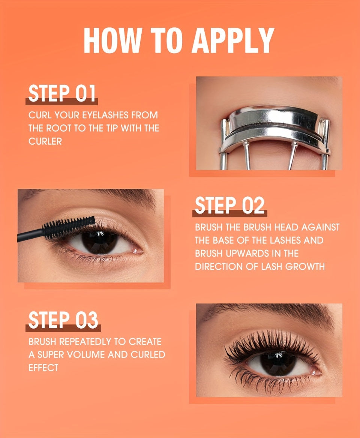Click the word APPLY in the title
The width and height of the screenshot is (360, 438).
click(233, 40)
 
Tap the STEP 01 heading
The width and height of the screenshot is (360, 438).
click(62, 94)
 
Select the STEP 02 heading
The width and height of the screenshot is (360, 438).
click(229, 206)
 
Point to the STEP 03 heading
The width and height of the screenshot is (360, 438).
click(63, 320)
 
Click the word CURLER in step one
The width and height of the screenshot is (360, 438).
click(45, 141)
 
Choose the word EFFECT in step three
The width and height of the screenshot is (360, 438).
click(43, 368)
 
